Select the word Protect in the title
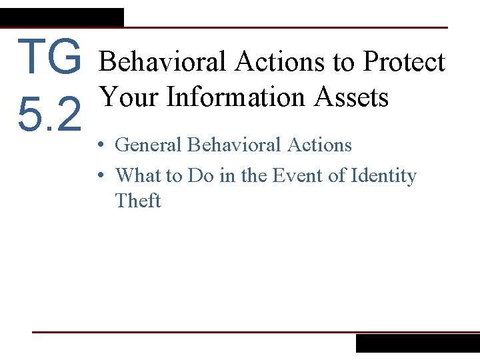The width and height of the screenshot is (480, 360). pos(403,62)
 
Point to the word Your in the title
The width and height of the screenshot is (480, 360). pos(129,97)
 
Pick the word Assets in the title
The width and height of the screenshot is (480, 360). pos(351,97)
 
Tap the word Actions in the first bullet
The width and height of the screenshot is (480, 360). pos(319,145)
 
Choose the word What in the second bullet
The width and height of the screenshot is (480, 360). pos(139,175)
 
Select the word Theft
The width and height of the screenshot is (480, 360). pos(137,201)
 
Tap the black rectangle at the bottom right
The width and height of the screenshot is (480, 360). pos(417,343)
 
